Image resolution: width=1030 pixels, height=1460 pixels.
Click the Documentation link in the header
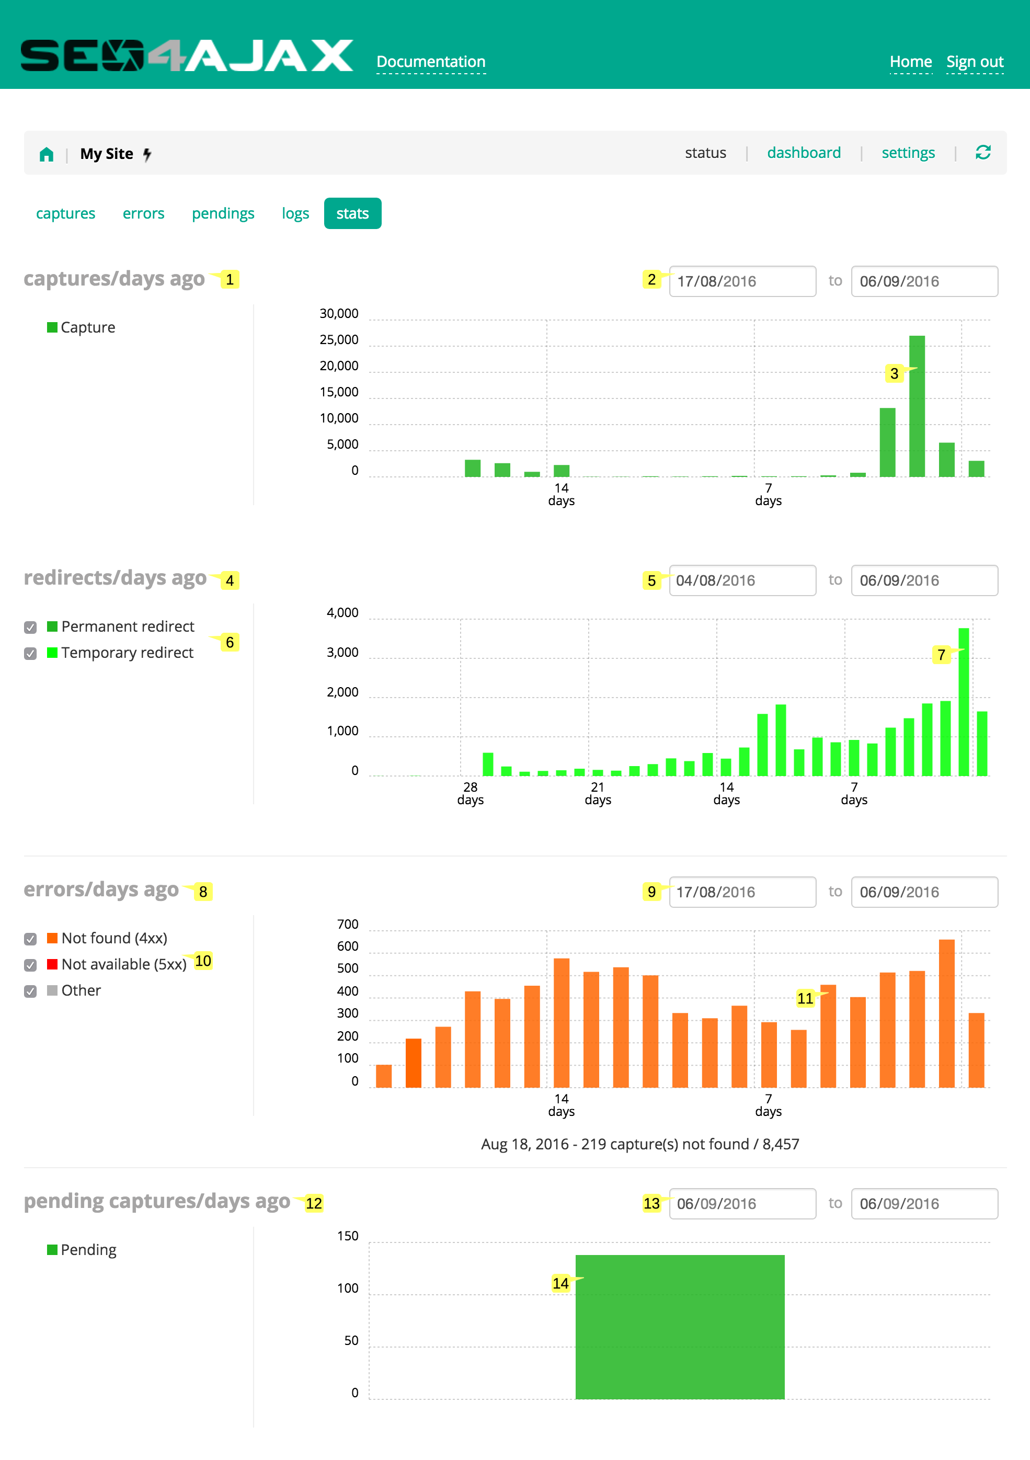pyautogui.click(x=430, y=62)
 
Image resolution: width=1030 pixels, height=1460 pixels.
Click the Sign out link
pyautogui.click(x=974, y=62)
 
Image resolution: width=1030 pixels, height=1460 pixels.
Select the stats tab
pyautogui.click(x=352, y=214)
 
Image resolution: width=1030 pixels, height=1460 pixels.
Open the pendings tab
pyautogui.click(x=223, y=214)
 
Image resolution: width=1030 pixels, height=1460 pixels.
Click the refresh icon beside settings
pyautogui.click(x=982, y=153)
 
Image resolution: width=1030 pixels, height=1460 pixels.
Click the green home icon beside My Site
pyautogui.click(x=47, y=154)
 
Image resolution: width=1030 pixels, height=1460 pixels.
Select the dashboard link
pyautogui.click(x=803, y=153)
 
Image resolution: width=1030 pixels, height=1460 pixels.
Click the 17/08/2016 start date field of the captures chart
pyautogui.click(x=741, y=281)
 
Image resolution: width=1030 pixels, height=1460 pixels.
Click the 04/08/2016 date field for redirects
pyautogui.click(x=741, y=580)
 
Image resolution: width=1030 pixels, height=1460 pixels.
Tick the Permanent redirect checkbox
pyautogui.click(x=30, y=628)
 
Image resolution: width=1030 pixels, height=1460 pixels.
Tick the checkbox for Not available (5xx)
pyautogui.click(x=30, y=965)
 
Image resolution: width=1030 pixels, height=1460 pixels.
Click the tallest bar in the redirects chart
pyautogui.click(x=963, y=703)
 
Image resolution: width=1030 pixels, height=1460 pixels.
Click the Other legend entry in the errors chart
pyautogui.click(x=81, y=991)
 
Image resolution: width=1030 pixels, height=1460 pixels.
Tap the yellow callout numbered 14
pyautogui.click(x=559, y=1283)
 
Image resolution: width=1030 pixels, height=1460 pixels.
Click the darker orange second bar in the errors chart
pyautogui.click(x=413, y=1063)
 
